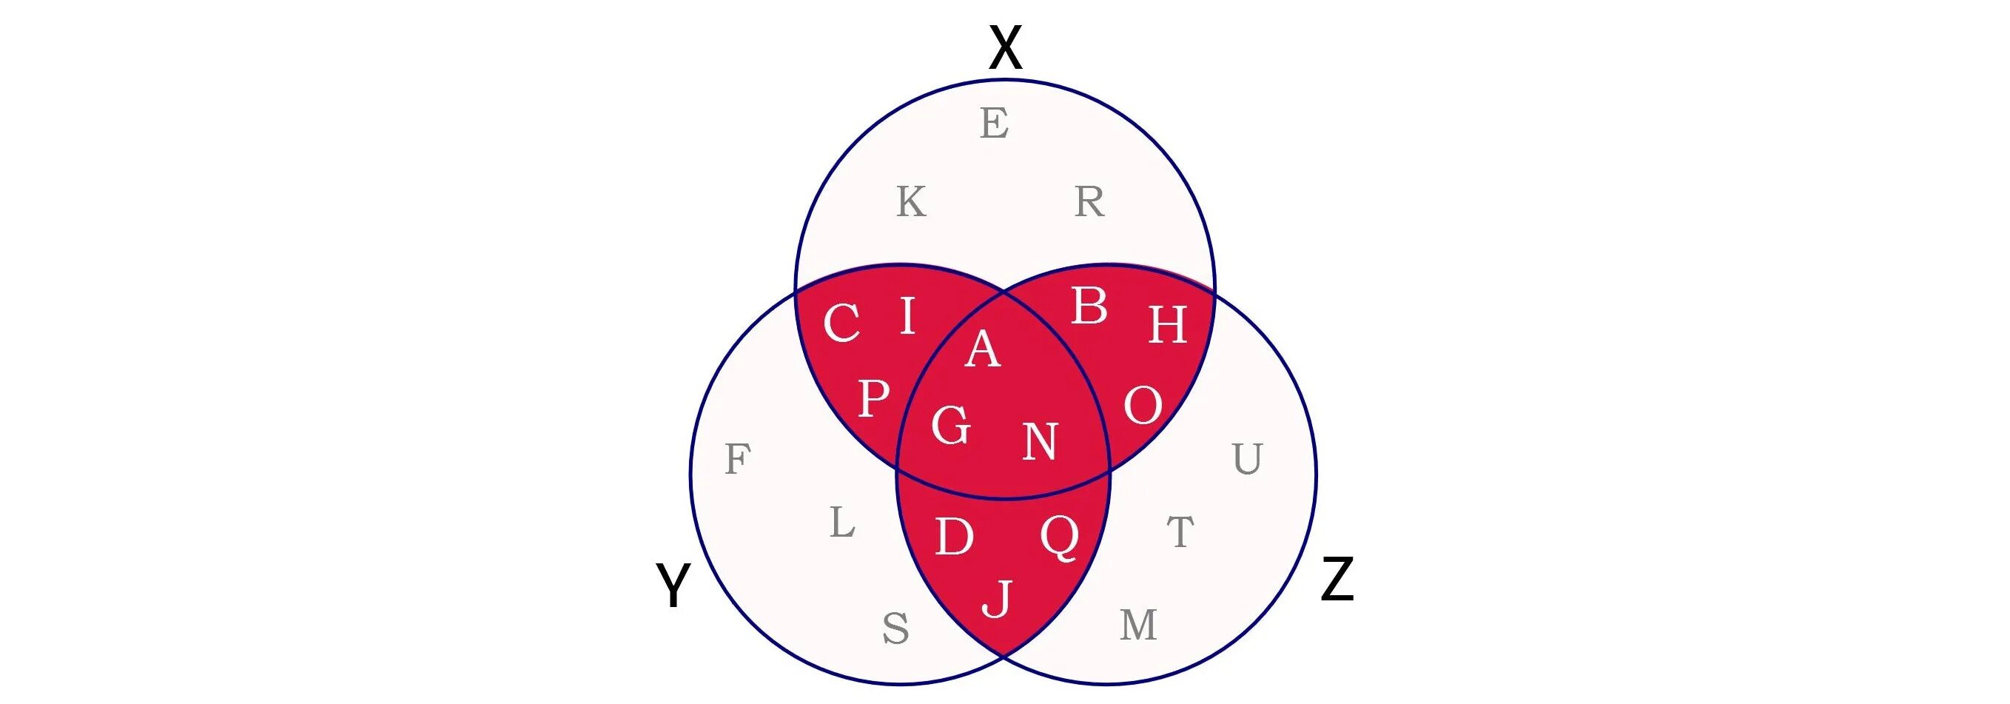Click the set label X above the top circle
click(1005, 48)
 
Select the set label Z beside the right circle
click(1337, 580)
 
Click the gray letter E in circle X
click(994, 124)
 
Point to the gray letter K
click(910, 202)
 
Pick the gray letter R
click(1089, 202)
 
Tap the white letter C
click(841, 323)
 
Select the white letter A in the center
click(982, 349)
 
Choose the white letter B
click(1089, 306)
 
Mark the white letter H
click(1167, 325)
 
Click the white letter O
click(1143, 406)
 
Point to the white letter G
click(951, 426)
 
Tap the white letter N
click(1039, 442)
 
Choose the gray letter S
click(895, 628)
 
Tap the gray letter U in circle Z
click(1247, 459)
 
